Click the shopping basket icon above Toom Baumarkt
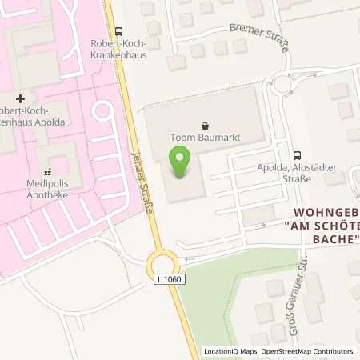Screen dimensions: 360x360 (206, 125)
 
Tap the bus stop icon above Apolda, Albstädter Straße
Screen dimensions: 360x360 (298, 155)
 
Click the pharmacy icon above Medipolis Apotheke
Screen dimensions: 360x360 (47, 171)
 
